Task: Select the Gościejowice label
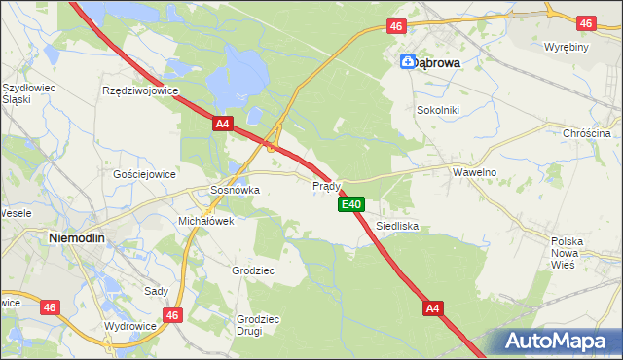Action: click(x=144, y=174)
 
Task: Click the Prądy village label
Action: click(x=325, y=185)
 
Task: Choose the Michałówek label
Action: click(x=205, y=221)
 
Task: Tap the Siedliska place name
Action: click(x=397, y=225)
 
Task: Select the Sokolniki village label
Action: click(x=437, y=110)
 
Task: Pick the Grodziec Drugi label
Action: click(x=258, y=324)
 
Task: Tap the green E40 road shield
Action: click(x=351, y=204)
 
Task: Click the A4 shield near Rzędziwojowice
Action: click(x=223, y=124)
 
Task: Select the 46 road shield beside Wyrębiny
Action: click(x=585, y=22)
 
